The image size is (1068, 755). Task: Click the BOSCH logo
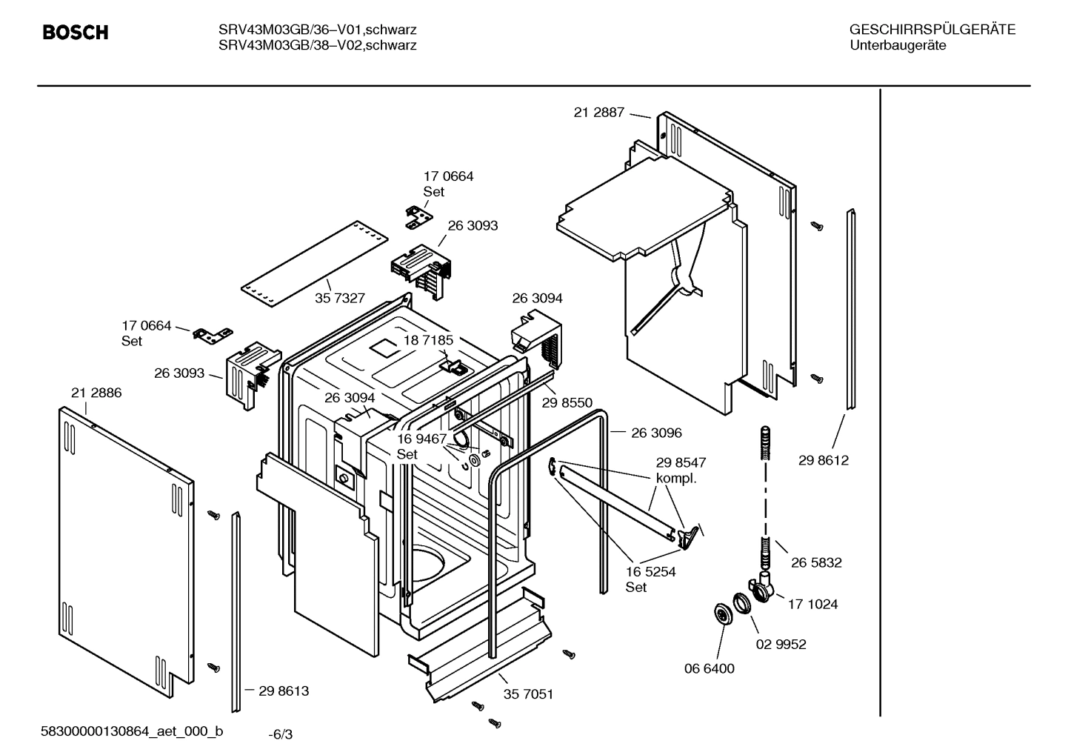coord(76,33)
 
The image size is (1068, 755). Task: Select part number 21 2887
coord(598,113)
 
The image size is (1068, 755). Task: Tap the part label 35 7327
coord(340,298)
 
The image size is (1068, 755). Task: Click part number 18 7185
coord(428,340)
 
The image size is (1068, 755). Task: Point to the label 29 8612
coord(824,460)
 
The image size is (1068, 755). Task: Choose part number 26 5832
coord(816,562)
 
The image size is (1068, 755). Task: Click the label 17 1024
coord(812,604)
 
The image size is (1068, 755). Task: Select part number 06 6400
coord(709,668)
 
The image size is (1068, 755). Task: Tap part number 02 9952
coord(781,644)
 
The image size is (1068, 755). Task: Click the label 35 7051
coord(528,694)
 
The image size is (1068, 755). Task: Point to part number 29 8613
coord(284,691)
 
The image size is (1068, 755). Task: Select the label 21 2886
coord(96,393)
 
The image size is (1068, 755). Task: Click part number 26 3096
coord(656,433)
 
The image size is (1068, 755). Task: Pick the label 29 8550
coord(567,402)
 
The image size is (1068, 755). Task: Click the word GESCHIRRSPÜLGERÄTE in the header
coord(932,30)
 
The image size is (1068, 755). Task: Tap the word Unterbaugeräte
coord(898,45)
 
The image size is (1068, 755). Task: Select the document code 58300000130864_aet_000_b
coord(132,732)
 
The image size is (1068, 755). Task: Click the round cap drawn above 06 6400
coord(719,613)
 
